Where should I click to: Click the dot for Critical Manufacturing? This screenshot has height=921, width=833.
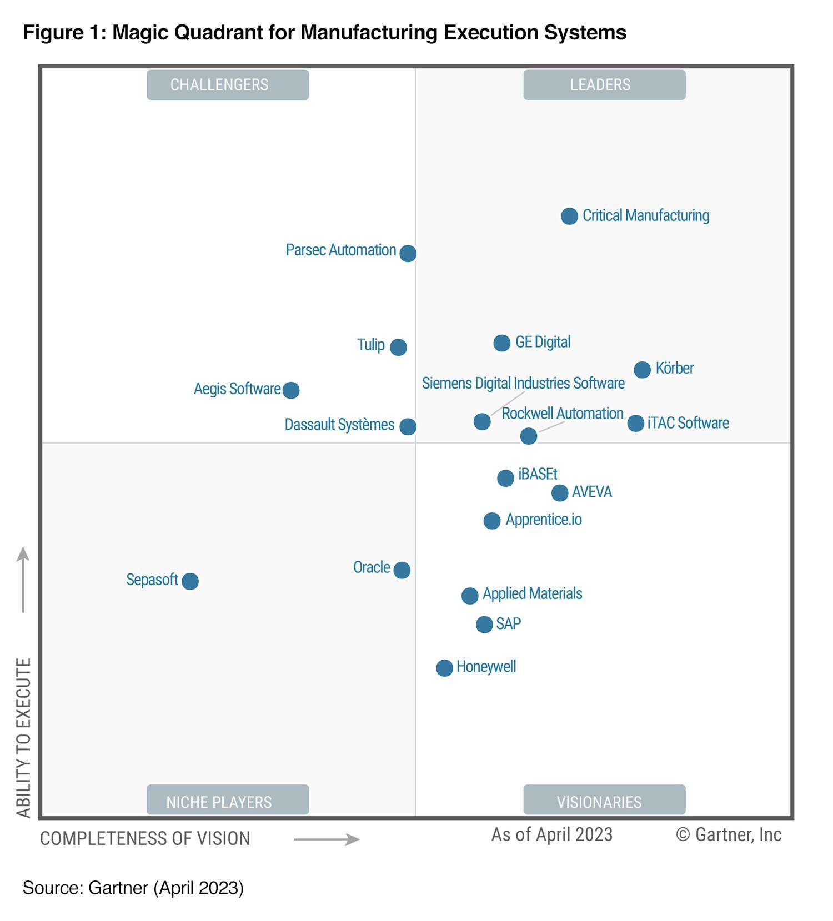pos(569,216)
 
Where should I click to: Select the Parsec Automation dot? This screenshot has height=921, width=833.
pos(408,253)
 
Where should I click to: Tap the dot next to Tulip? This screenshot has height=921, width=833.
pos(398,347)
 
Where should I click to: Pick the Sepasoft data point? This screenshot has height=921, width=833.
pos(190,581)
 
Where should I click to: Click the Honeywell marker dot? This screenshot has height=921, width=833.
pos(444,668)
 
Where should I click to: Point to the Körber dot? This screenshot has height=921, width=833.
pos(643,369)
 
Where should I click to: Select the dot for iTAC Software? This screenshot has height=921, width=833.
pos(636,423)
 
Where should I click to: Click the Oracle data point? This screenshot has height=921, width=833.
pos(402,570)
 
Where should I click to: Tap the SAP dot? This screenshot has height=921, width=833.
pos(484,625)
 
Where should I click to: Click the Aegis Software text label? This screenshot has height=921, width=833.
pos(237,389)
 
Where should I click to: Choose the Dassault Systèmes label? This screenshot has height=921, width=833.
pos(339,425)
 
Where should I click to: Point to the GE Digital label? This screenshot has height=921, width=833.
pos(543,342)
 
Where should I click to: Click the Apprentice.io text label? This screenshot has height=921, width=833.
pos(544,520)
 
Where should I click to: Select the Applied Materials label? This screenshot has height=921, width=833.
pos(532,593)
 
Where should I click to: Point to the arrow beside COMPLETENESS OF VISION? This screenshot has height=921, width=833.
pos(327,839)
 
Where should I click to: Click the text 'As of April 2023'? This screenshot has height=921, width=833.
pos(552,834)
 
